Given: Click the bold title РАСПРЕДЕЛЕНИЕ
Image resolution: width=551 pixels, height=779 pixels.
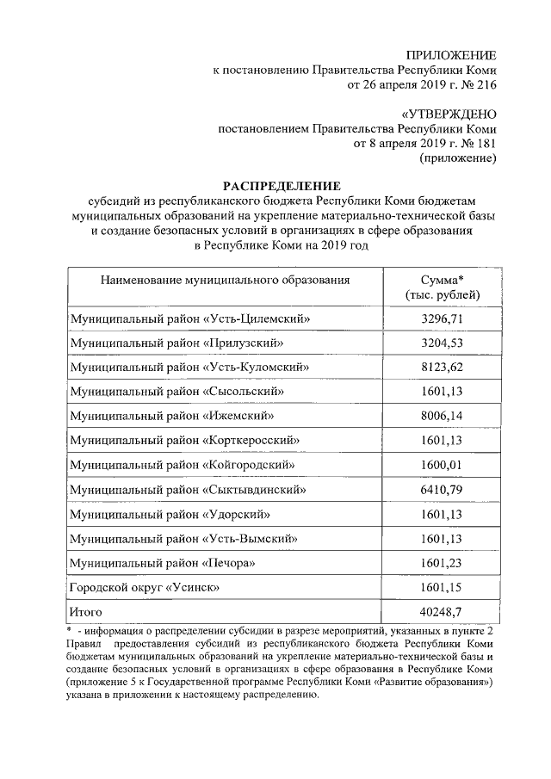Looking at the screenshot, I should coord(282,187).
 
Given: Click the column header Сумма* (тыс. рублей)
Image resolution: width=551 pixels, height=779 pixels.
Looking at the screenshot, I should coord(443,288).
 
